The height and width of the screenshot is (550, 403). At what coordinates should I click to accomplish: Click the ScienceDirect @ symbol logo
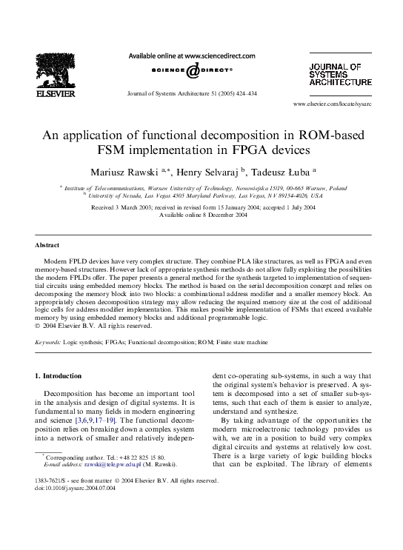pos(192,71)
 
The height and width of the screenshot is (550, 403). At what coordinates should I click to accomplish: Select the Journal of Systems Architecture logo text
pos(340,76)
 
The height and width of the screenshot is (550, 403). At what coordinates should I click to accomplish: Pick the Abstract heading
pos(47,244)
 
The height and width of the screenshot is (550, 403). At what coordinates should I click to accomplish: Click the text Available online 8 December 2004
pos(201,215)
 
